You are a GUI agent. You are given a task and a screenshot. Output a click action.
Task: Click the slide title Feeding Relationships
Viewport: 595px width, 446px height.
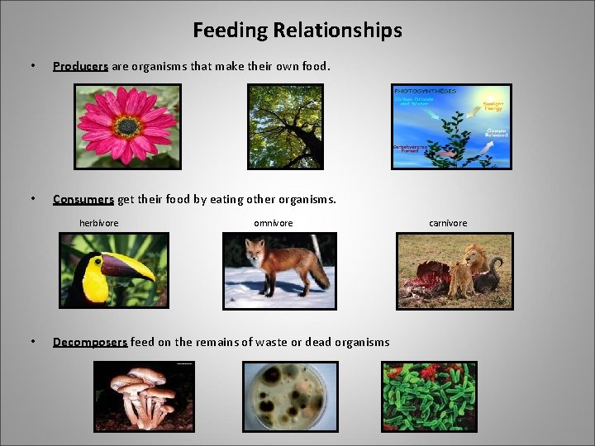(x=297, y=31)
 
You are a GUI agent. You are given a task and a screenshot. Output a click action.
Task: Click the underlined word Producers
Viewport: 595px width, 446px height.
(x=80, y=66)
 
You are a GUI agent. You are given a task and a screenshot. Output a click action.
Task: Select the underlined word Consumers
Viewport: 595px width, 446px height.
(x=83, y=199)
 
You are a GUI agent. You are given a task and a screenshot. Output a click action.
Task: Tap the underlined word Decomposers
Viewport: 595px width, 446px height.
(x=90, y=342)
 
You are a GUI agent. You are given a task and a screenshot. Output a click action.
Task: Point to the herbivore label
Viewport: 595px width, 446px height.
(x=98, y=223)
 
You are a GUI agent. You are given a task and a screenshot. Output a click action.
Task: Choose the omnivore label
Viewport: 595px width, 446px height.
(x=273, y=223)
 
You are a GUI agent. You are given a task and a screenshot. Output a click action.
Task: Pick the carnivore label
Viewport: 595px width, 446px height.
(x=448, y=223)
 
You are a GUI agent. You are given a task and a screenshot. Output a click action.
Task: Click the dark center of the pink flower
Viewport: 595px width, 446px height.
(x=127, y=126)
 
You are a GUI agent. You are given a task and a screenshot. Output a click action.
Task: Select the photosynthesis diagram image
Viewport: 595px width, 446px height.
(x=451, y=126)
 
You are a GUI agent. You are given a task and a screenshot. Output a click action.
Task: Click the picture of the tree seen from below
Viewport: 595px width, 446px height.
(x=285, y=126)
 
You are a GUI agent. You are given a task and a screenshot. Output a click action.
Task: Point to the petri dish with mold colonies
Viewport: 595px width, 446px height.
(x=290, y=397)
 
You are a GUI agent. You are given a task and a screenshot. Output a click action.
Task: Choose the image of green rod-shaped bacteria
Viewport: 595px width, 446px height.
(x=429, y=396)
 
